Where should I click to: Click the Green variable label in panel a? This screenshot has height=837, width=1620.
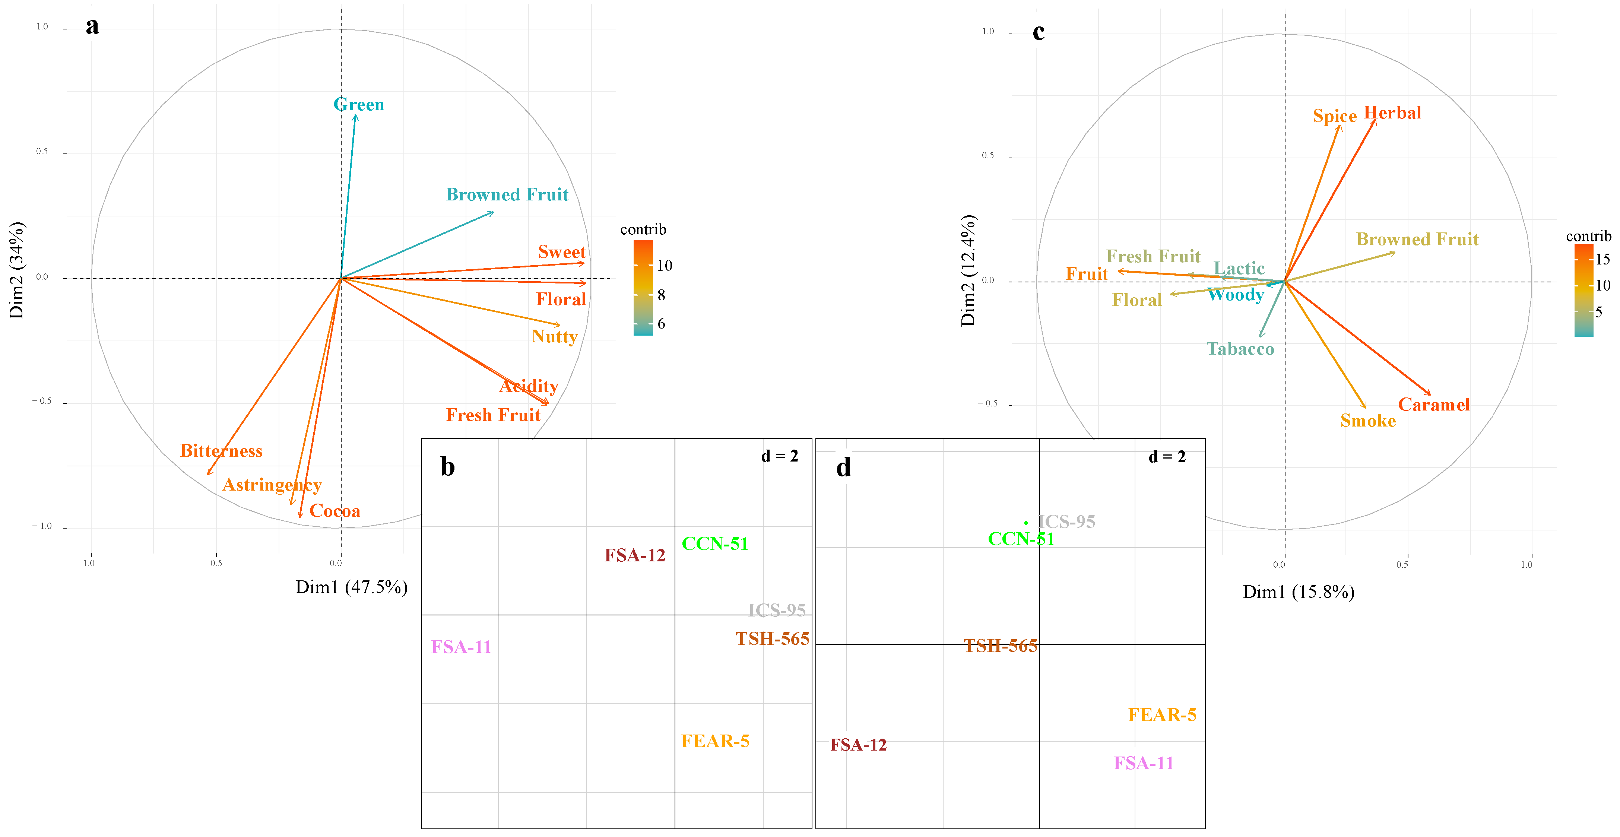coord(358,104)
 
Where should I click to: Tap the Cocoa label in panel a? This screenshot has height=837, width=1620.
coord(335,511)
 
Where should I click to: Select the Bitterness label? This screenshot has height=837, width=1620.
coord(221,451)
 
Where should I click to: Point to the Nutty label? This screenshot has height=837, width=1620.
coord(554,336)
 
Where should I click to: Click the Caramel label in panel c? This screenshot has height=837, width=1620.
coord(1433,405)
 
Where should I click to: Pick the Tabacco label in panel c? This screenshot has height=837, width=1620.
coord(1240,349)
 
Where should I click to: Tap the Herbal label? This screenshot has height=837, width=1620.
coord(1392,113)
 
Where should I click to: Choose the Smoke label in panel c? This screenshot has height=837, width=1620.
coord(1368,421)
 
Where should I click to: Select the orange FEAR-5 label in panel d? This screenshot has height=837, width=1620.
coord(1161,715)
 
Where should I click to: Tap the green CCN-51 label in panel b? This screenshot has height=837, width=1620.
coord(715,543)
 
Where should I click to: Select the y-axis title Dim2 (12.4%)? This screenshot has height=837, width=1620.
coord(968,270)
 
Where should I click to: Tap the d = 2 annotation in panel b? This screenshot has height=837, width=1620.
coord(779,456)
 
